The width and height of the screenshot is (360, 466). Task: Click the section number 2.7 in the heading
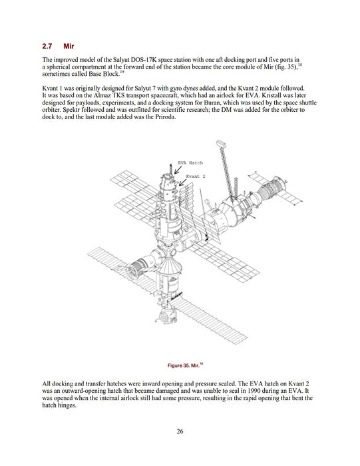(x=47, y=46)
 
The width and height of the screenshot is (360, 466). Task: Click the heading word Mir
(x=69, y=46)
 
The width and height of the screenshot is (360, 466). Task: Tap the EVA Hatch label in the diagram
(x=190, y=162)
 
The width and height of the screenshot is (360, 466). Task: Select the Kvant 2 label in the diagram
(x=196, y=176)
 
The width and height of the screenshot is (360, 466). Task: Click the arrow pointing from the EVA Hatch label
(x=178, y=170)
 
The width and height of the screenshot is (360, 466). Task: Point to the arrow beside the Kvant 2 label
(x=182, y=182)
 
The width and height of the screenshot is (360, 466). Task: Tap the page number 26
(x=180, y=431)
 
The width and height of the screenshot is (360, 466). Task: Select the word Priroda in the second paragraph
(x=166, y=116)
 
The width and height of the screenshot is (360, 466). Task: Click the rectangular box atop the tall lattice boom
(x=221, y=144)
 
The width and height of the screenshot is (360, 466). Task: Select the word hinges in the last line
(x=67, y=405)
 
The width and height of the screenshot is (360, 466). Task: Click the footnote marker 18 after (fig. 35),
(x=300, y=65)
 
